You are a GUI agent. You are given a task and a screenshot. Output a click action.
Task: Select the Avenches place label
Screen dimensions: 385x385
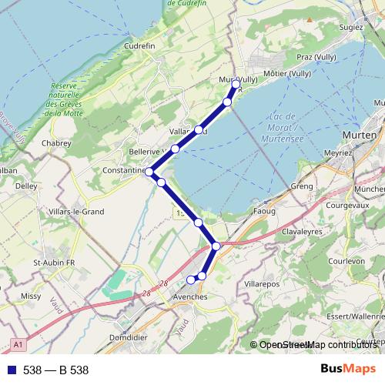[190, 296]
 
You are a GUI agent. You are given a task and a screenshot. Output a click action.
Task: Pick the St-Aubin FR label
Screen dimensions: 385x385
[53, 263]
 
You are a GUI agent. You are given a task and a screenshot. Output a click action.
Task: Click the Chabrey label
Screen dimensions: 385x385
[55, 142]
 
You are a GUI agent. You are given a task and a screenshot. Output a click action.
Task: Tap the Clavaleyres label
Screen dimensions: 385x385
[306, 229]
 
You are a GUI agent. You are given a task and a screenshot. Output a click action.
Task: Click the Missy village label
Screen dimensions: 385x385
[31, 295]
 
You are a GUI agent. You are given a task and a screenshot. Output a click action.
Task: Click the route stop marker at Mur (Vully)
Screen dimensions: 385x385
[236, 84]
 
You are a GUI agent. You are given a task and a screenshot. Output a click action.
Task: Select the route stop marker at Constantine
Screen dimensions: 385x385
[149, 172]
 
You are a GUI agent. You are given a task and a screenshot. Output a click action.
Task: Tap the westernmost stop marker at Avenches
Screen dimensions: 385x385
[191, 280]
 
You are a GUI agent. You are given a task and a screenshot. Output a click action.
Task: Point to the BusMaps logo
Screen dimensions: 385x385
[347, 370]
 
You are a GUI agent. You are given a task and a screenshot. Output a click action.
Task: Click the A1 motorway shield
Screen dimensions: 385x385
[17, 344]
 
